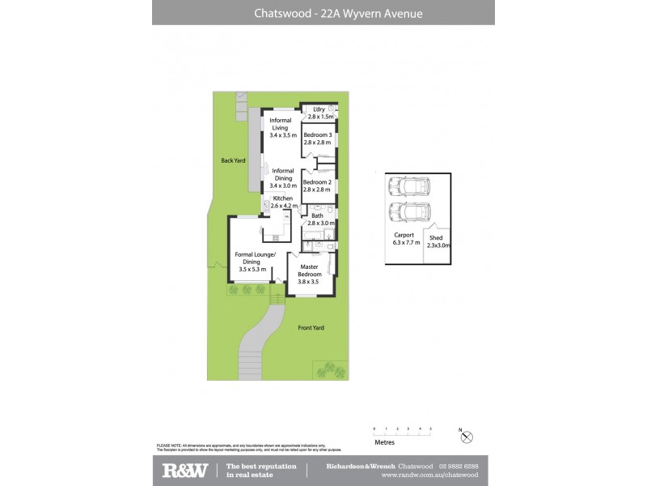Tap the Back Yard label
(233, 160)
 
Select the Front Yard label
(311, 327)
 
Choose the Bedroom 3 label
(318, 139)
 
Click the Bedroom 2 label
(318, 185)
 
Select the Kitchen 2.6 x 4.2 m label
(283, 202)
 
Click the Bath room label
(317, 219)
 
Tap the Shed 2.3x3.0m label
(438, 241)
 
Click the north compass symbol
(465, 437)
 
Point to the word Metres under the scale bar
(384, 443)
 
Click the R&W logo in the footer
(185, 470)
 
